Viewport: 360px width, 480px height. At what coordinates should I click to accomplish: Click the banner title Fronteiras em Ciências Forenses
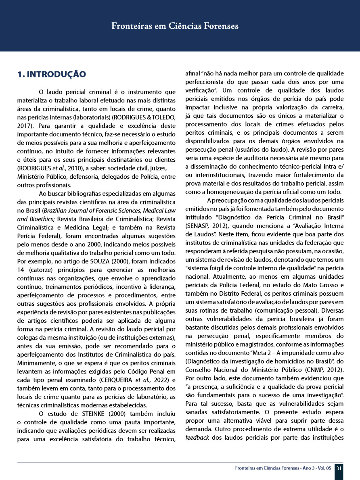tap(175, 26)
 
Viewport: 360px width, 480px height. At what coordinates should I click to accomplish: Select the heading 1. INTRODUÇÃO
tap(51, 74)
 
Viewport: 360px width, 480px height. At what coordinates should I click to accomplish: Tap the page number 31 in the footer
tap(339, 468)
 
